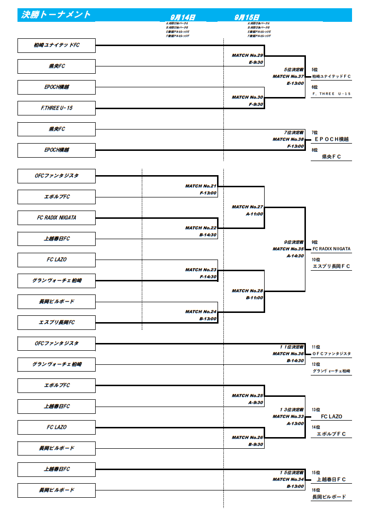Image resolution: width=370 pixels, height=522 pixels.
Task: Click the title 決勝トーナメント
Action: click(56, 15)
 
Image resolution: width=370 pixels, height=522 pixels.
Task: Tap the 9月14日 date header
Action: click(184, 17)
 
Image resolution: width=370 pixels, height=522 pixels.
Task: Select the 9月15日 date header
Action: click(247, 17)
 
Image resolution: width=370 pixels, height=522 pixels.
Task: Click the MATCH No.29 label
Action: click(247, 55)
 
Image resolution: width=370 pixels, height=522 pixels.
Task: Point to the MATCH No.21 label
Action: click(201, 186)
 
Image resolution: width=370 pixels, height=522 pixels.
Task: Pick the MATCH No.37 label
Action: click(288, 76)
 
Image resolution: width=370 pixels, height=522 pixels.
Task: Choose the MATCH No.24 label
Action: click(201, 311)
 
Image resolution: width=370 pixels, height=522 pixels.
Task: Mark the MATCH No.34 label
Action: click(288, 479)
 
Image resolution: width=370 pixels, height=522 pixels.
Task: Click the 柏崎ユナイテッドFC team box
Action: click(56, 46)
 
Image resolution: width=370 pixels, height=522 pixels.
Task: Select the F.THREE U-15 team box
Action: click(56, 108)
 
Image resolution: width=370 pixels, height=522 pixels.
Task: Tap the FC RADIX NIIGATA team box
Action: click(56, 218)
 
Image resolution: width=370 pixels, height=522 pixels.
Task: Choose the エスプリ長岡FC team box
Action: click(56, 323)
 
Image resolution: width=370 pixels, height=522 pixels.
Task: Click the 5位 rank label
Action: click(315, 70)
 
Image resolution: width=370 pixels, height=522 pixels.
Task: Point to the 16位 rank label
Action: click(316, 490)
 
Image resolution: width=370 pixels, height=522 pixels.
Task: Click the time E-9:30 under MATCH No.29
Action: click(255, 62)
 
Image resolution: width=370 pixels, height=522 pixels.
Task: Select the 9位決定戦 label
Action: click(294, 242)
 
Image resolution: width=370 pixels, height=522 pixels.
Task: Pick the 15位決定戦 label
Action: click(291, 473)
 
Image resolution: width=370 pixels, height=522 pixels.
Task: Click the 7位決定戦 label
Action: click(294, 132)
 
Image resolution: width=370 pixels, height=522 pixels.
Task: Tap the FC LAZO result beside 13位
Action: click(332, 417)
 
